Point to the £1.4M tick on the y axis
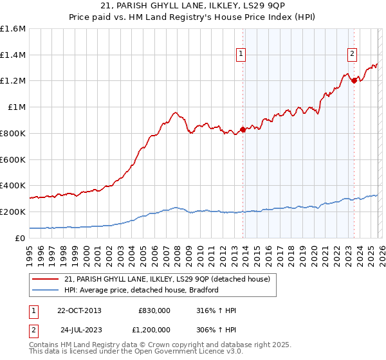pyautogui.click(x=13, y=55)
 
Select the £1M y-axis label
pyautogui.click(x=16, y=107)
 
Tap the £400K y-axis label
pyautogui.click(x=13, y=185)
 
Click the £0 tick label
pyautogui.click(x=21, y=237)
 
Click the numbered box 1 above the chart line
pyautogui.click(x=241, y=55)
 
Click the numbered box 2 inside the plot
pyautogui.click(x=353, y=55)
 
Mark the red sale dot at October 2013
pyautogui.click(x=243, y=129)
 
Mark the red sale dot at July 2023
pyautogui.click(x=354, y=80)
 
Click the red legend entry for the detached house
pyautogui.click(x=170, y=279)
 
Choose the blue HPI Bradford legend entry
pyautogui.click(x=142, y=290)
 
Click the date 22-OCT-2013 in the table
pyautogui.click(x=79, y=310)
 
